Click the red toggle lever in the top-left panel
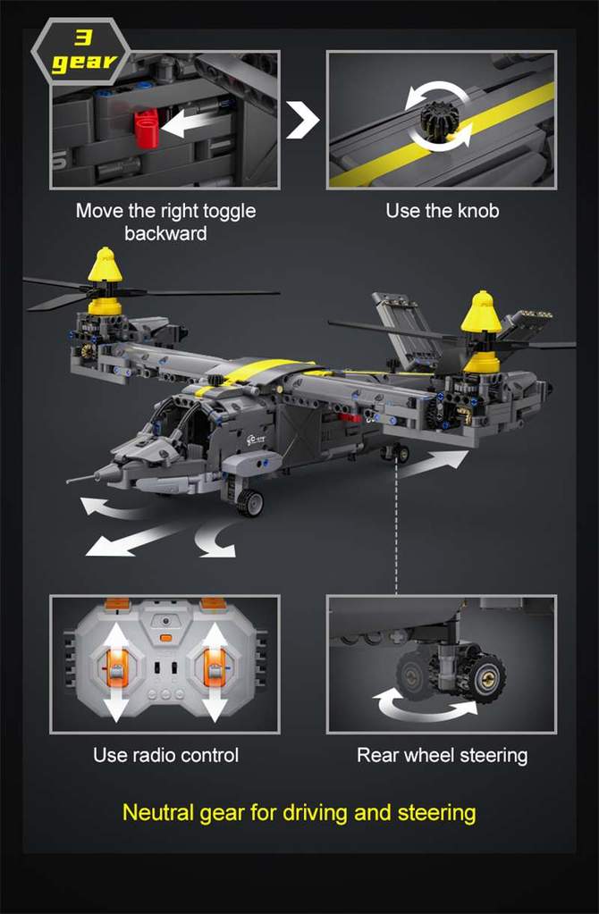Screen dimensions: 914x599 (x=148, y=127)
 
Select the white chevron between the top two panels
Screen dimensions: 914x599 (x=304, y=121)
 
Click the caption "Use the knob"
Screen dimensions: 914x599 (x=442, y=212)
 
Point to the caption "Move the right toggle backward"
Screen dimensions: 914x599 (x=165, y=222)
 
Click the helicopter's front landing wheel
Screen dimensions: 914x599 (x=249, y=502)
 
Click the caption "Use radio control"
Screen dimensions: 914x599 (x=165, y=755)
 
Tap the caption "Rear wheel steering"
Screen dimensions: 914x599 (x=442, y=755)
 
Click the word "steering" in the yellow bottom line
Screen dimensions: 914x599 (x=435, y=813)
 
